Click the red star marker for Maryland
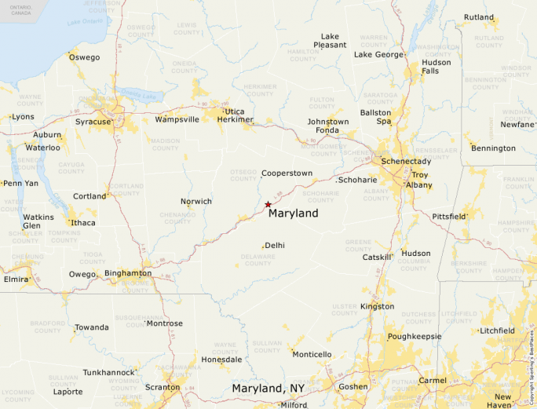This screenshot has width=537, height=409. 268,204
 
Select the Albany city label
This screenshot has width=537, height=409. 418,184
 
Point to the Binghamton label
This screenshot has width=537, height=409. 128,273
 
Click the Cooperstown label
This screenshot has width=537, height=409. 287,173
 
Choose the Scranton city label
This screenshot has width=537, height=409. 162,387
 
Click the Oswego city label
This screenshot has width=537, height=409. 84,57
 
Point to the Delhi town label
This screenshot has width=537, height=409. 275,246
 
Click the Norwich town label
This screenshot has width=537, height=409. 196,202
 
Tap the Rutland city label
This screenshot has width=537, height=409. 479,17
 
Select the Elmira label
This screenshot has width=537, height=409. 16,279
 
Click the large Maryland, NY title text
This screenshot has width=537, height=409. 268,389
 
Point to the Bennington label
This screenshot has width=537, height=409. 493,148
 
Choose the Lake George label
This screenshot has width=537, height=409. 379,55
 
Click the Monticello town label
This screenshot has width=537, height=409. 312,354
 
